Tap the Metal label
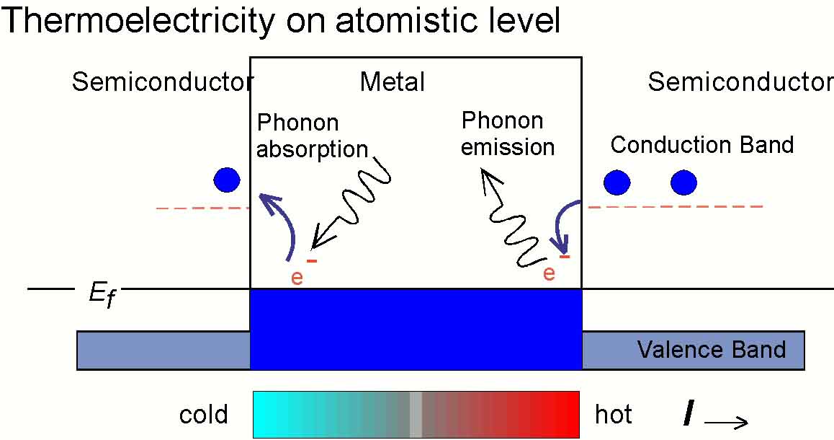pos(392,82)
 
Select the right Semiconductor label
pos(740,82)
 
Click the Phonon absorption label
pos(312,136)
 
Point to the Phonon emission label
pos(508,133)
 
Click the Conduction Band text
pos(701,145)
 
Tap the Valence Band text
pos(711,351)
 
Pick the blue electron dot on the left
pos(226,180)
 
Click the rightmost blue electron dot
pos(683,182)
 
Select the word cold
pos(204,415)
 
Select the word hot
pos(614,415)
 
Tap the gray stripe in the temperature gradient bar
pos(416,415)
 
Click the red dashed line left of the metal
pos(202,208)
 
